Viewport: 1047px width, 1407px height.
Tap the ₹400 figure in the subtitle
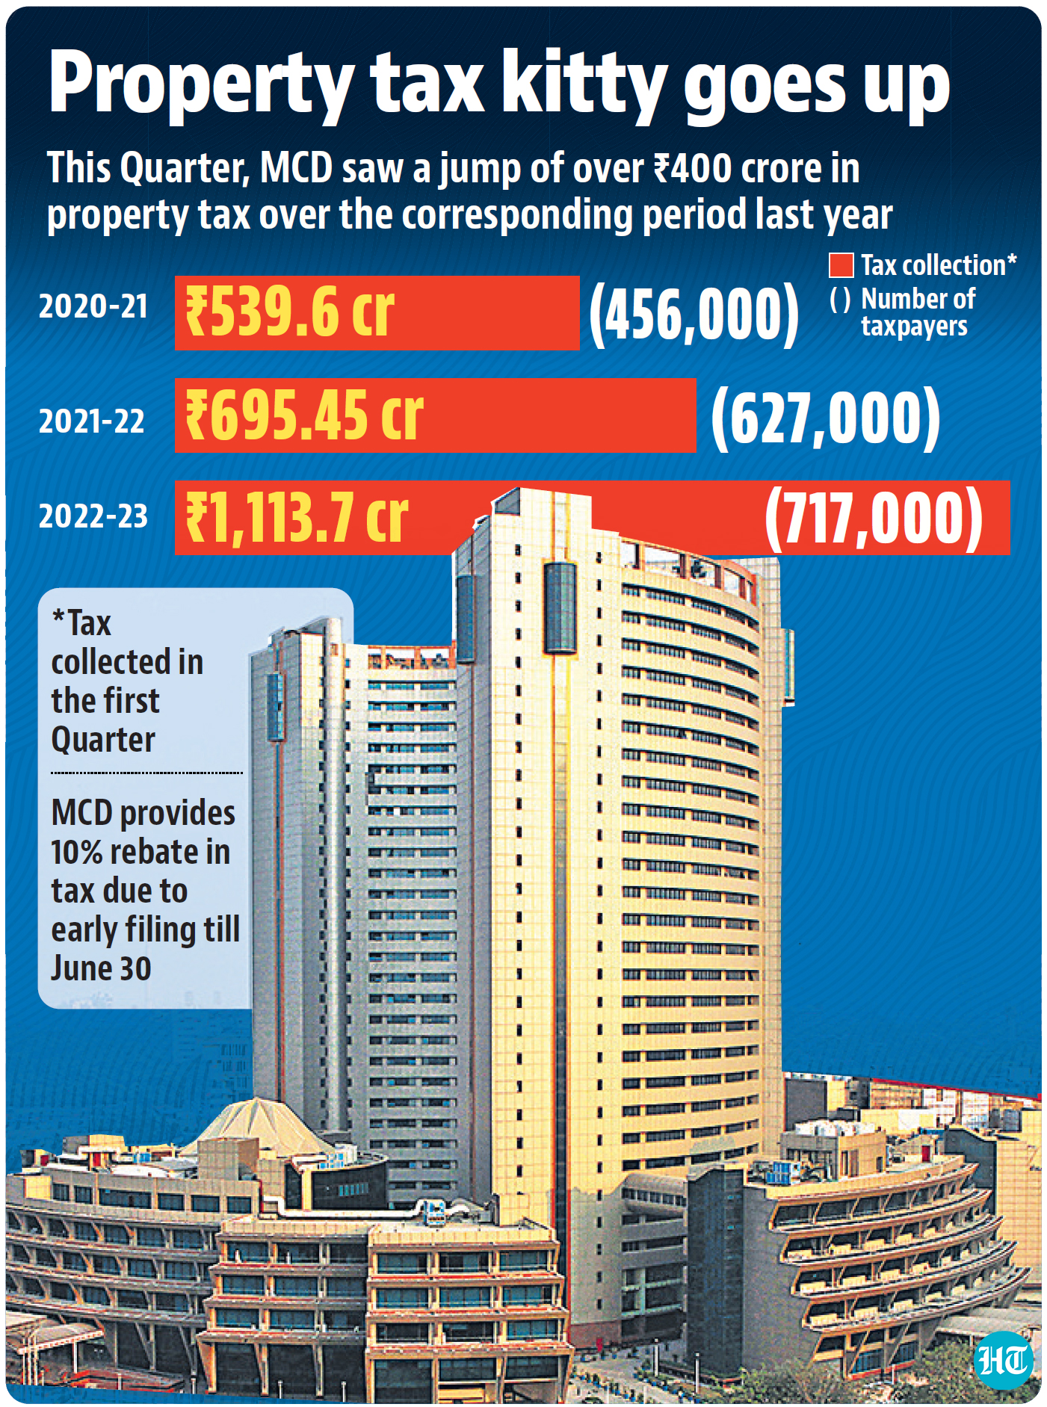[x=692, y=167]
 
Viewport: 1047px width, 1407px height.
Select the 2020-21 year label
[x=93, y=306]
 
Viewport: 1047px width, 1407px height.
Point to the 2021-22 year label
[x=92, y=421]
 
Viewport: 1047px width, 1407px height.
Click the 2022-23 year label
[x=93, y=516]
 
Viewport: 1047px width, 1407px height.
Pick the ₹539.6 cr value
[x=290, y=312]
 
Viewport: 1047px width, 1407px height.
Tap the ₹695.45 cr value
[x=304, y=415]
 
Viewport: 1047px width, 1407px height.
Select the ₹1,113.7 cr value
[x=297, y=517]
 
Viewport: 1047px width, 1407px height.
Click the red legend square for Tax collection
[x=841, y=265]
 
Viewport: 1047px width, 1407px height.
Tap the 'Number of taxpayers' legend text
[x=918, y=312]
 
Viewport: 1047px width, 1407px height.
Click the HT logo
[x=1004, y=1360]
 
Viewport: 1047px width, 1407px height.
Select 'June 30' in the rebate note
[x=102, y=968]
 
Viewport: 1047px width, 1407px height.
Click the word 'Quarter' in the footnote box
[x=103, y=740]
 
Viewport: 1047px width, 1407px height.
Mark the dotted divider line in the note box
[x=146, y=773]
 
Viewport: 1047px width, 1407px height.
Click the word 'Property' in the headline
[x=202, y=86]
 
